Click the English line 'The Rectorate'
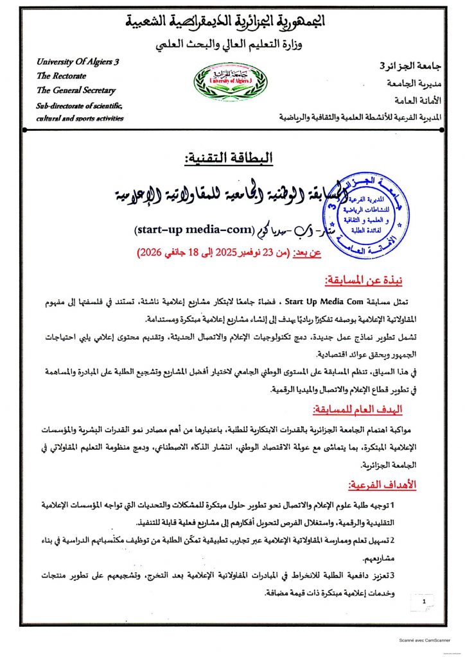(57, 76)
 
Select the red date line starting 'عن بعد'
(234, 253)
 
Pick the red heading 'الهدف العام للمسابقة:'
(365, 409)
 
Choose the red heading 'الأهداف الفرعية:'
(383, 485)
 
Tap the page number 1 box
(423, 603)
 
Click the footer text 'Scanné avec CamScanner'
(423, 640)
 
